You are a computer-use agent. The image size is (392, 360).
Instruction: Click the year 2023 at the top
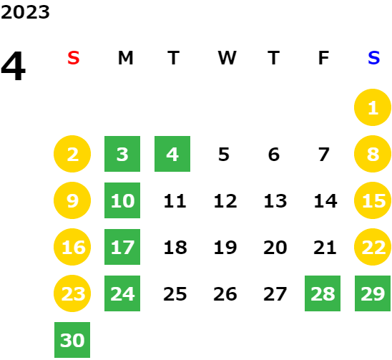pos(25,12)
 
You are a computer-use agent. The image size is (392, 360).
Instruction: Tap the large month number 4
pos(14,66)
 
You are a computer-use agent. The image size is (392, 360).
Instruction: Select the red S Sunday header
pos(74,58)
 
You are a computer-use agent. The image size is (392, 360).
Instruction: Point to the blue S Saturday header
pos(373,58)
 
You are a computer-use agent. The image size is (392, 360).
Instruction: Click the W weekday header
pos(227,58)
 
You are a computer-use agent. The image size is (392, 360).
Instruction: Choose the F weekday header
pos(323,58)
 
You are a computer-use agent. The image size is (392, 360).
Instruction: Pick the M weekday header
pos(125,58)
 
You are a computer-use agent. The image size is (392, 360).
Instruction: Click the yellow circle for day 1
pos(373,107)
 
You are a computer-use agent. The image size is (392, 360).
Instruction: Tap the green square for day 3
pos(122,154)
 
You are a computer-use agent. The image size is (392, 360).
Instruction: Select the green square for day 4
pos(172,154)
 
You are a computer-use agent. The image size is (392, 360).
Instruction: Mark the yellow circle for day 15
pos(373,200)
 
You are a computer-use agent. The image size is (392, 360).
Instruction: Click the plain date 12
pos(225,200)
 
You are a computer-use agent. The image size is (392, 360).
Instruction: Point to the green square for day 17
pos(122,247)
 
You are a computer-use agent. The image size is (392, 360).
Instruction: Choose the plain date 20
pos(275,247)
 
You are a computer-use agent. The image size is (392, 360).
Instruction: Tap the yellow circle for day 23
pos(72,293)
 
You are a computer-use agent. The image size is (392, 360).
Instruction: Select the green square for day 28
pos(323,293)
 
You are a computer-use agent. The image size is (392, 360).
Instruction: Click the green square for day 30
pos(72,340)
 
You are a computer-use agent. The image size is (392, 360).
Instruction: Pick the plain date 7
pos(324,154)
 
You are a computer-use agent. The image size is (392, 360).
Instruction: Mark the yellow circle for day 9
pos(72,200)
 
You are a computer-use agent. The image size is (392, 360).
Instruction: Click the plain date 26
pos(225,293)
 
